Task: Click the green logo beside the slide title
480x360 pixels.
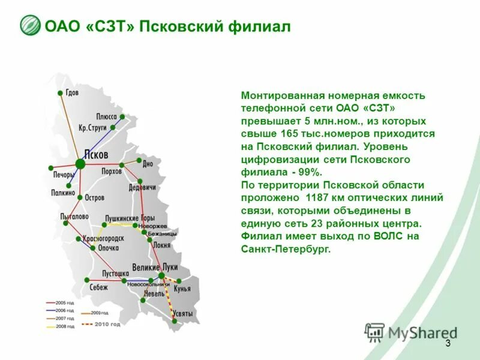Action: (30, 26)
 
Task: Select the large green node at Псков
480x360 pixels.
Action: (80, 163)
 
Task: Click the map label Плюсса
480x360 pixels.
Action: (106, 116)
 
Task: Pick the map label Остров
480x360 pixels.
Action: (94, 197)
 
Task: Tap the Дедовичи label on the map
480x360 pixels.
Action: (142, 187)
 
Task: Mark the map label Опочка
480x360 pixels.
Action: (108, 247)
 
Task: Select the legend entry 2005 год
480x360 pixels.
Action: (65, 302)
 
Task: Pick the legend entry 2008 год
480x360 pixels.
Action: (65, 326)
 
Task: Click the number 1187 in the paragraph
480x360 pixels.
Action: (316, 197)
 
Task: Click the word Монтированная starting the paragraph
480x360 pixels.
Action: (275, 95)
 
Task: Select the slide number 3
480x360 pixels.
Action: (448, 343)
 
